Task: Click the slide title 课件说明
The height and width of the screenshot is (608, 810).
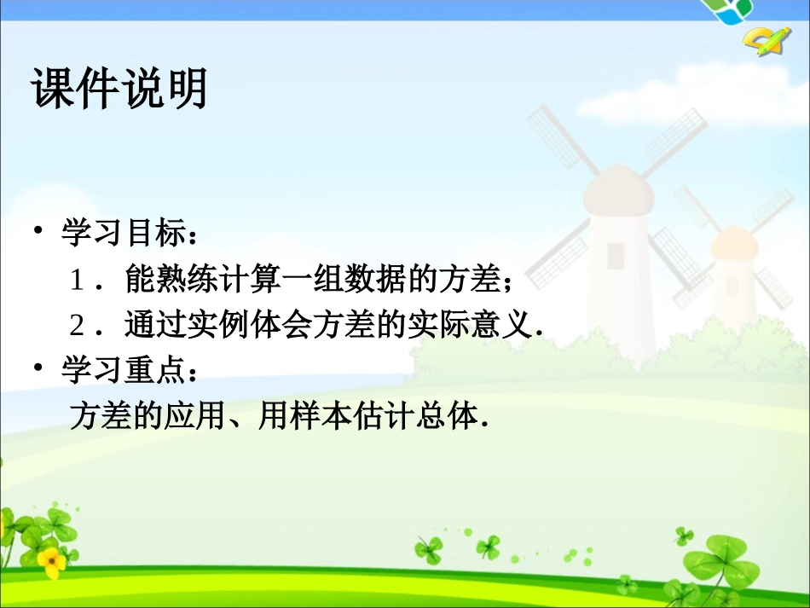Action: [119, 88]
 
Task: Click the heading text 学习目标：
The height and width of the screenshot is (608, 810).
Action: [132, 233]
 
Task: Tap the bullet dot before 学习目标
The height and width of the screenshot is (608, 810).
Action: [38, 231]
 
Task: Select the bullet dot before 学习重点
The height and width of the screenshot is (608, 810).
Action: [38, 368]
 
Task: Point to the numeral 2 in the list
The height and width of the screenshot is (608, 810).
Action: [78, 326]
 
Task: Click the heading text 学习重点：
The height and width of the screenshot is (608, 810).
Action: [132, 370]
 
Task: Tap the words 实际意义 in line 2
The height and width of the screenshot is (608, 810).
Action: [467, 325]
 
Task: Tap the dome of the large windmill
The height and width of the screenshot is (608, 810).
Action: [617, 188]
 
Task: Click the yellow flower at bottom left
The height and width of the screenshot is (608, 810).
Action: [51, 560]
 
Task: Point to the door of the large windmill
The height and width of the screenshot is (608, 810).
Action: [616, 255]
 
